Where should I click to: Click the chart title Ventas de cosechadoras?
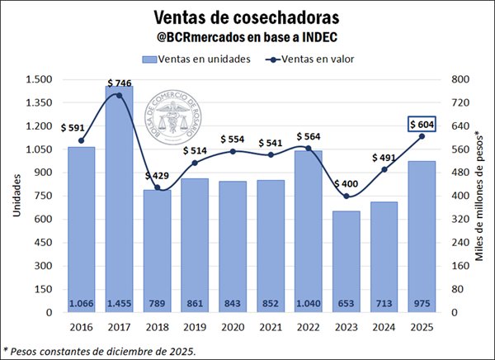[x=247, y=17]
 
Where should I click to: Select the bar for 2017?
[x=119, y=198]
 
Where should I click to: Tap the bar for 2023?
[x=346, y=260]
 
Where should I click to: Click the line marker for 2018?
[x=157, y=188]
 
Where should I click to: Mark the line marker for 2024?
[x=384, y=169]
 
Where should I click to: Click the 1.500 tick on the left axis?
[x=40, y=79]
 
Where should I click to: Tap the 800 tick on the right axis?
[x=456, y=79]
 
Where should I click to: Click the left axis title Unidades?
[x=16, y=197]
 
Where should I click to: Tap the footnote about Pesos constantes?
[x=101, y=350]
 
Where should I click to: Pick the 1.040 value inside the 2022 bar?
[x=309, y=302]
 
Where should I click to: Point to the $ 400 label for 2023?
[x=346, y=183]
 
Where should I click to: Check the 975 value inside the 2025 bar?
[x=422, y=302]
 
